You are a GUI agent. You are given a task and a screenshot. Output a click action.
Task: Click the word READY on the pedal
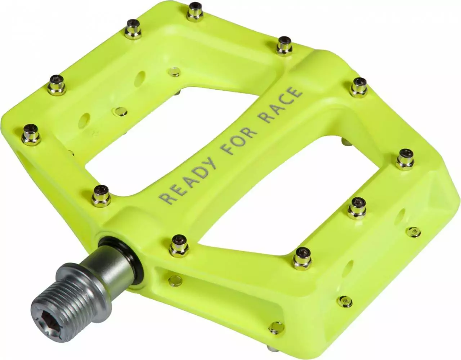coord(188,180)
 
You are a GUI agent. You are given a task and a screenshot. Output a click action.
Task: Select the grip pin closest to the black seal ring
coord(178,243)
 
